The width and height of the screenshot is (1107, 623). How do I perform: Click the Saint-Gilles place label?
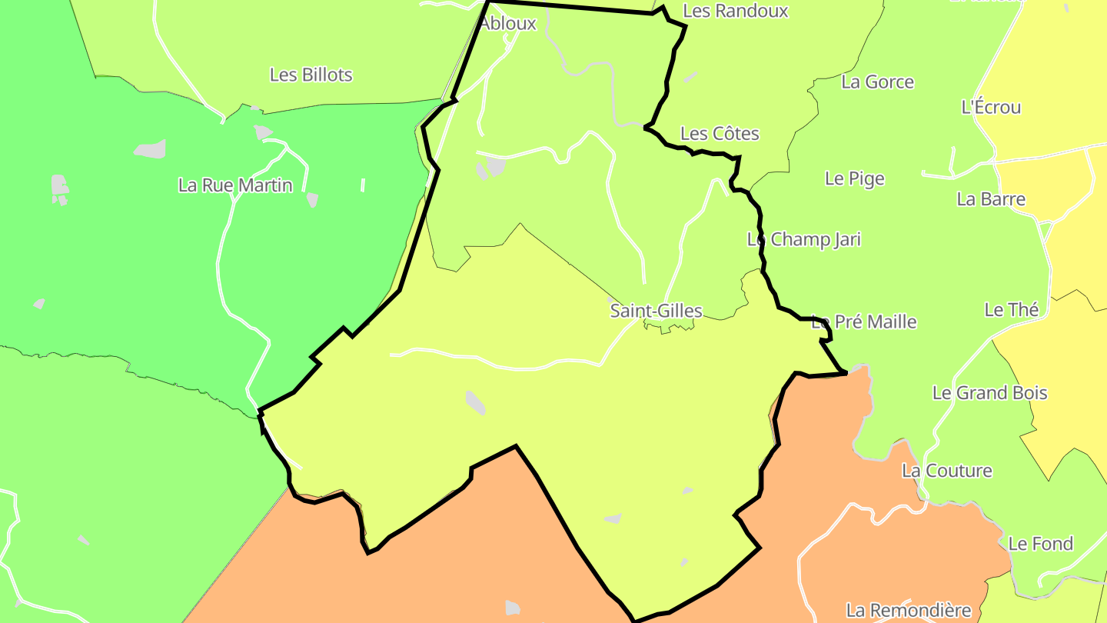point(656,311)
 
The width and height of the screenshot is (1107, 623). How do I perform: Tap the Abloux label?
point(508,24)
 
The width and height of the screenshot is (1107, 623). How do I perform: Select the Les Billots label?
point(311,75)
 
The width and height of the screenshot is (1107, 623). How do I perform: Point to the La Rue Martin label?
point(235,185)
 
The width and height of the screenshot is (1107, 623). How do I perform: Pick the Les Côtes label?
point(720,134)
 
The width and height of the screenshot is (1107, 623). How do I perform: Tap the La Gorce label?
point(877,82)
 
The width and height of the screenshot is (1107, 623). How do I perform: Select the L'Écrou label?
point(991,108)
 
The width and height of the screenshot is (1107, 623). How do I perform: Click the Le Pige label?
point(854,178)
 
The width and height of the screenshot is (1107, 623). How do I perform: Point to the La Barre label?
point(991,199)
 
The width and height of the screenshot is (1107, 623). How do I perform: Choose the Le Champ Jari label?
point(803,239)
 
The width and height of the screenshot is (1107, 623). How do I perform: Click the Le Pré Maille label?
point(865,321)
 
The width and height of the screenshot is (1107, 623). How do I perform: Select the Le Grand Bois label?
point(989,393)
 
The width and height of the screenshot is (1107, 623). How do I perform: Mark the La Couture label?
point(946,471)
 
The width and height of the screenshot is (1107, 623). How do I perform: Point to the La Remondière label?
point(908,611)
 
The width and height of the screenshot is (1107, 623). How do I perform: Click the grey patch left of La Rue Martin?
point(150,149)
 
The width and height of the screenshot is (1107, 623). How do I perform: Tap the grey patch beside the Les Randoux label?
point(690,77)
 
